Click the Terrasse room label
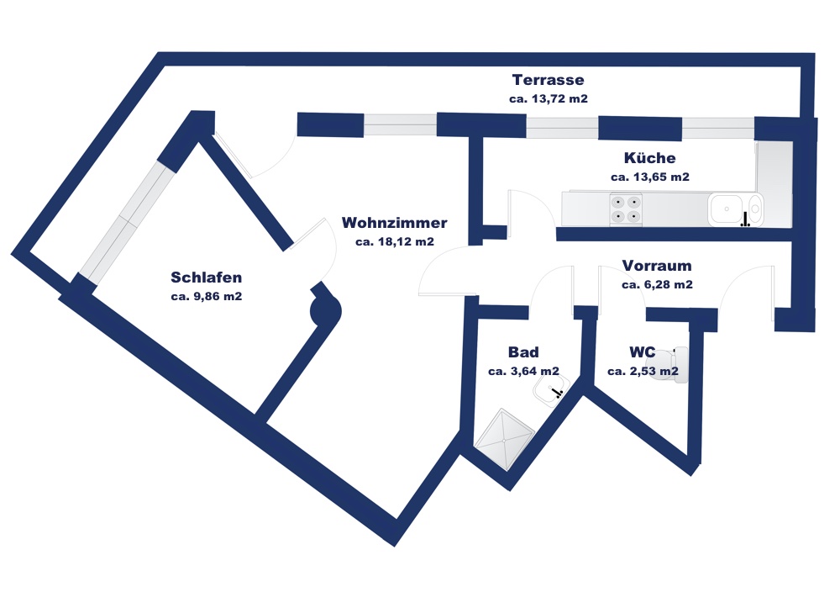pyautogui.click(x=548, y=80)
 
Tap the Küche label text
pyautogui.click(x=650, y=157)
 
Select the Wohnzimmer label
pyautogui.click(x=394, y=223)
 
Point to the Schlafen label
pyautogui.click(x=207, y=277)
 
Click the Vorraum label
pyautogui.click(x=657, y=266)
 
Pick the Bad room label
pyautogui.click(x=523, y=352)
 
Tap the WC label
pyautogui.click(x=643, y=352)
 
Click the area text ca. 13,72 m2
pyautogui.click(x=548, y=98)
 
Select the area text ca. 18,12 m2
pyautogui.click(x=395, y=242)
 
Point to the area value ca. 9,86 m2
pyautogui.click(x=207, y=296)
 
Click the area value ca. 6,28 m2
pyautogui.click(x=658, y=285)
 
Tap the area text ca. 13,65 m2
pyautogui.click(x=650, y=177)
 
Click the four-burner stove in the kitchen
pyautogui.click(x=626, y=209)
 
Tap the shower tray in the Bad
pyautogui.click(x=505, y=440)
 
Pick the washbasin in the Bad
pyautogui.click(x=552, y=389)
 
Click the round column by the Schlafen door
pyautogui.click(x=326, y=310)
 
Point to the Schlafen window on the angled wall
pyautogui.click(x=128, y=220)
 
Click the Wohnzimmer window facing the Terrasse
pyautogui.click(x=400, y=124)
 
